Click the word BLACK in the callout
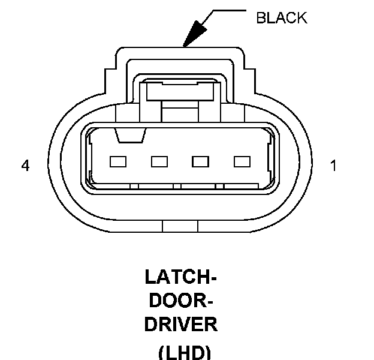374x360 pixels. tap(281, 18)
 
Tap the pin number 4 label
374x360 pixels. tap(25, 166)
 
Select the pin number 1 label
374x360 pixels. tap(334, 166)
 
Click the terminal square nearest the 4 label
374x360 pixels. tap(117, 161)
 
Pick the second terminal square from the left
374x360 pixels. tap(159, 161)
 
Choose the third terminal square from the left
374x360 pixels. tap(200, 161)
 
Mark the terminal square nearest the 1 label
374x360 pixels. tap(242, 161)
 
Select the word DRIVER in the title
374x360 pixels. tap(181, 325)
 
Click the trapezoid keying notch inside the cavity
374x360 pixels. tap(131, 137)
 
